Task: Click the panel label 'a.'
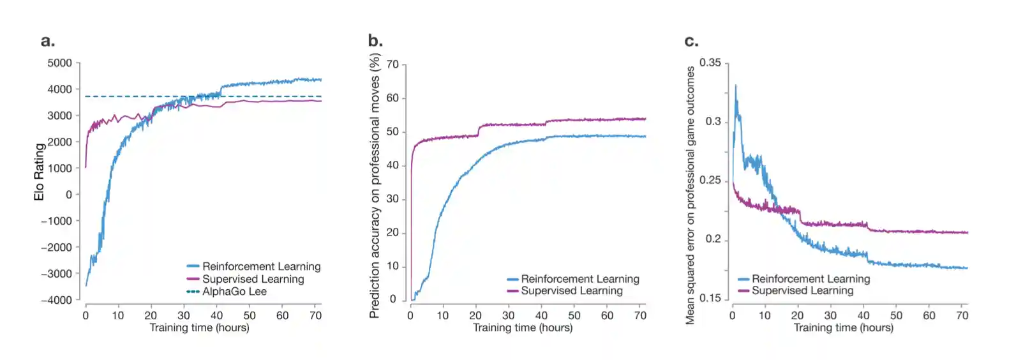(48, 41)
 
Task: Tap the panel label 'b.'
(375, 41)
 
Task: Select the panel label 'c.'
(691, 41)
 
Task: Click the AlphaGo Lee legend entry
(234, 292)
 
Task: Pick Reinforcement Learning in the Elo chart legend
(261, 266)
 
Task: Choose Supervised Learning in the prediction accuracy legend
(571, 291)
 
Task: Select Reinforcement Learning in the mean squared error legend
(811, 279)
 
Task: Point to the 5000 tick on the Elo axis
(59, 63)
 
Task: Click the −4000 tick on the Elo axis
(56, 300)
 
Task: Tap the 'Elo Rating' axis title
(40, 172)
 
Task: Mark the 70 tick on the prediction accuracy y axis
(392, 64)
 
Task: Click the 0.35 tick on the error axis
(710, 63)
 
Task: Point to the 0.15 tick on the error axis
(710, 298)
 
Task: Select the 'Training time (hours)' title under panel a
(199, 328)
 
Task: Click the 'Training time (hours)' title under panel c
(843, 328)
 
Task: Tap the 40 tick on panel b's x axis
(541, 315)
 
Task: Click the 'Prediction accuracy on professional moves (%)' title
(375, 185)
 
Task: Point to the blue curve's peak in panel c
(736, 86)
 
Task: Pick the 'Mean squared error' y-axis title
(690, 195)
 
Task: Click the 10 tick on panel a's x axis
(118, 315)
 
